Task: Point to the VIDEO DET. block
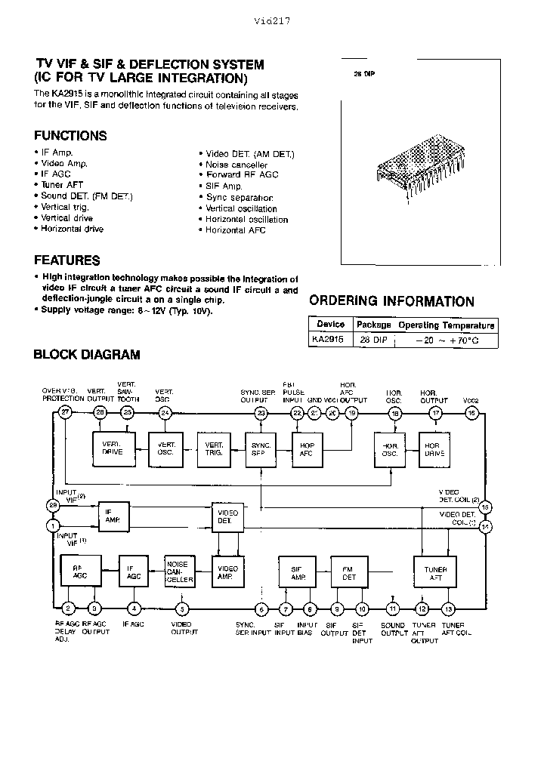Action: [227, 517]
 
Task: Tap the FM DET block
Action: [350, 574]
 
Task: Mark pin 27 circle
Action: [66, 412]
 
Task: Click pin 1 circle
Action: [53, 525]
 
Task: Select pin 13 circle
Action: [449, 608]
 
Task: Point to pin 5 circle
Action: [182, 608]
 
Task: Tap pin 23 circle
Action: [261, 412]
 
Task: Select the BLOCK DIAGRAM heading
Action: [87, 354]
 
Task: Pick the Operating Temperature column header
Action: [447, 325]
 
